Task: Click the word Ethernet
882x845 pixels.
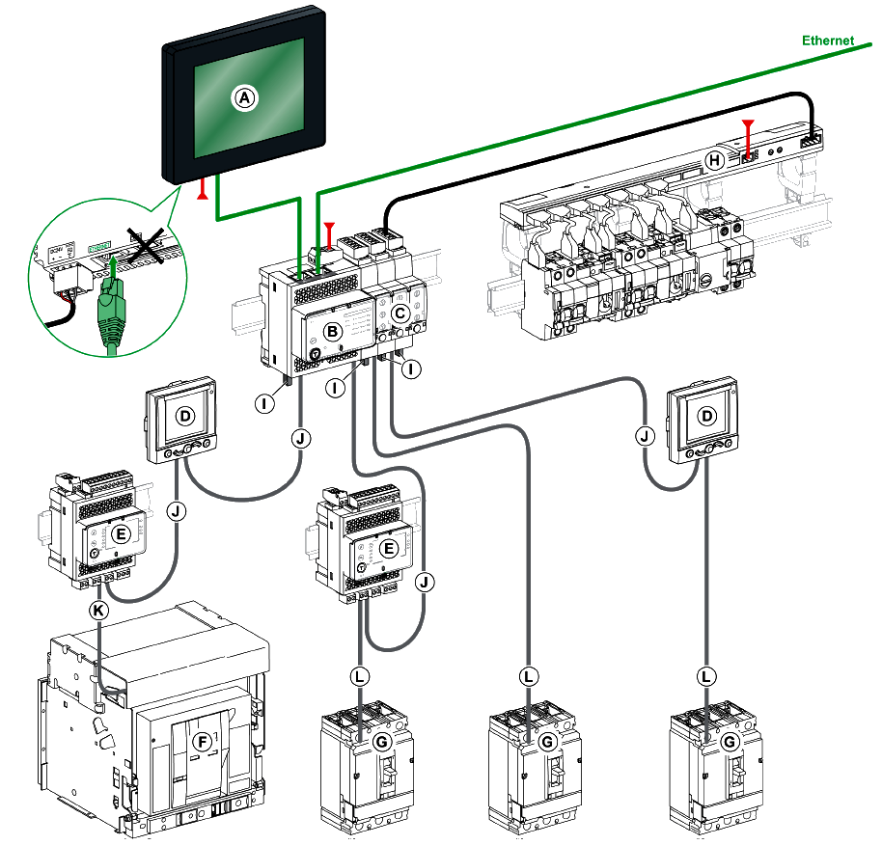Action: click(x=828, y=41)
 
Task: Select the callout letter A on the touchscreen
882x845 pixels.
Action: click(x=244, y=97)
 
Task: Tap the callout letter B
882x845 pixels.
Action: click(x=331, y=332)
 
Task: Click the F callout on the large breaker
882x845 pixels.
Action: click(x=202, y=742)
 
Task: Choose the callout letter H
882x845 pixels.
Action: click(x=714, y=161)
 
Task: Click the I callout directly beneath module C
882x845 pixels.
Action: click(x=412, y=369)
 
